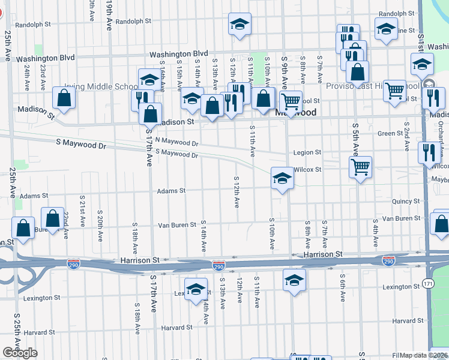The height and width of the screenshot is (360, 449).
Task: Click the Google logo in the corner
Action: pos(19,353)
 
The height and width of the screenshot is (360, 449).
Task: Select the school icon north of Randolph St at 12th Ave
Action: pos(240,24)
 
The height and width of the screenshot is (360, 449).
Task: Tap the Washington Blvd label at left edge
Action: pos(45,58)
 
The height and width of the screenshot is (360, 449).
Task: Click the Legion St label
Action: pos(307,152)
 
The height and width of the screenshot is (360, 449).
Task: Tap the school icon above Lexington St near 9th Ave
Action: pos(294,280)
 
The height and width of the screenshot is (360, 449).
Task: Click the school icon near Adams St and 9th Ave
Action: pos(282,178)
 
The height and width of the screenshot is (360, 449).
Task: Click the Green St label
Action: pos(390,133)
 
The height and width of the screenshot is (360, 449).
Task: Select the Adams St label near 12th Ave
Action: pos(171,191)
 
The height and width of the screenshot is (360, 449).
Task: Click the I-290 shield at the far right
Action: pos(388,260)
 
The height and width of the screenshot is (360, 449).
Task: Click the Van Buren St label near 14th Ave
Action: pos(176,225)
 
